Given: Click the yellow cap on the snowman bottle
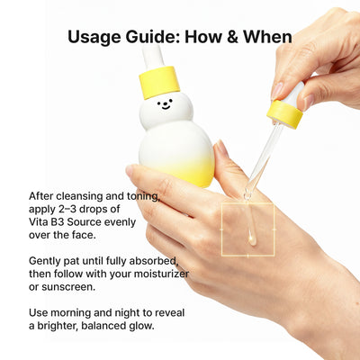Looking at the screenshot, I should [x=159, y=83].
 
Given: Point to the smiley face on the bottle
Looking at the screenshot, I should [x=163, y=104].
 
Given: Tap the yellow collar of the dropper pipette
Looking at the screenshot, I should [x=284, y=113].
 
